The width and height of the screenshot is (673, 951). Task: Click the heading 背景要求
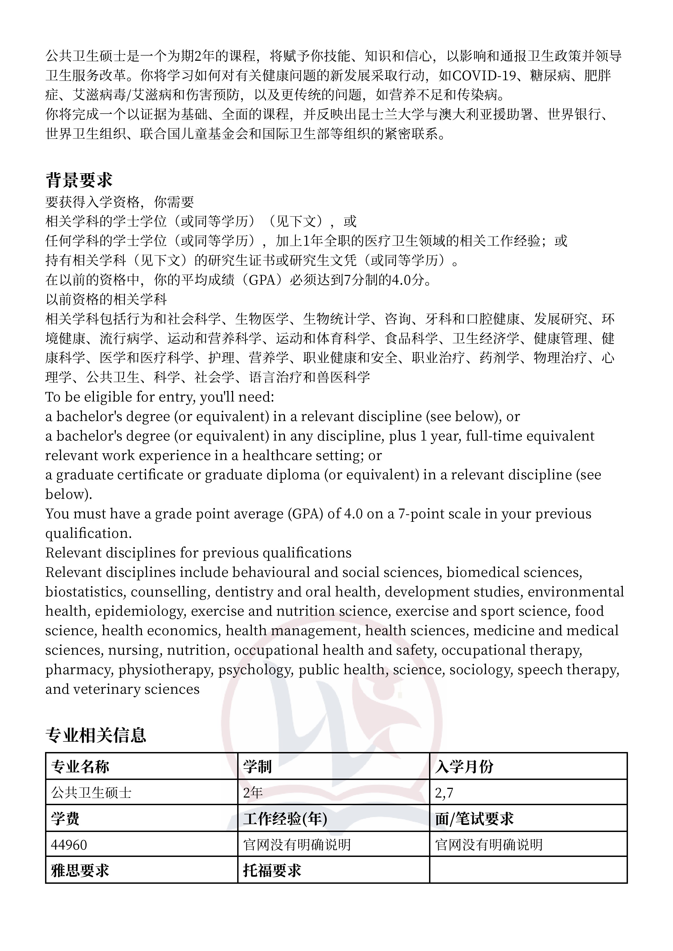(79, 180)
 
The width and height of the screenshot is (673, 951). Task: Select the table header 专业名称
(80, 767)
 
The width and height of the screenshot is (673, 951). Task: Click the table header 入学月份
(464, 767)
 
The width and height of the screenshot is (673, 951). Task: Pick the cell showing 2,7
(444, 793)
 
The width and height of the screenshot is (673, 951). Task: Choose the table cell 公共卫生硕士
(91, 793)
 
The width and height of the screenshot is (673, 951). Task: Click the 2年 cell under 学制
(253, 793)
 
